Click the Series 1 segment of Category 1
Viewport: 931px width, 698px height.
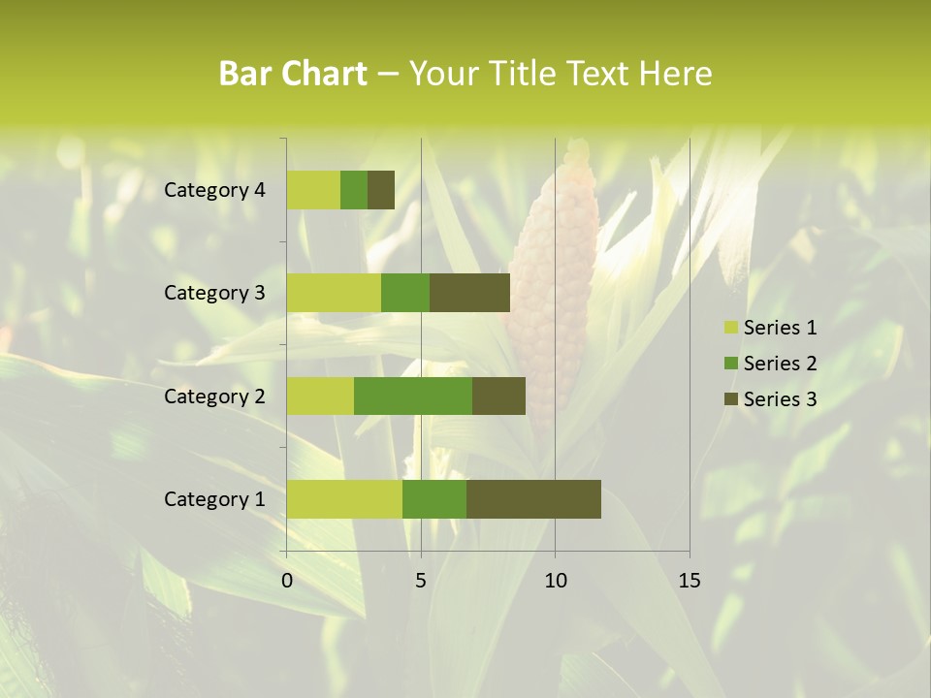[344, 498]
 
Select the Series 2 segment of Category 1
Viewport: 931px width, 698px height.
[434, 498]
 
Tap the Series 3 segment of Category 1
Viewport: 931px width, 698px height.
[533, 498]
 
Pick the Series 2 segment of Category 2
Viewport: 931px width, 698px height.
[413, 396]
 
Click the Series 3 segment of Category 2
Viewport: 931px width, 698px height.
[498, 396]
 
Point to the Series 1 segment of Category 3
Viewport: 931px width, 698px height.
[334, 293]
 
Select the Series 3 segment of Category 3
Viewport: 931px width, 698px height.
[469, 293]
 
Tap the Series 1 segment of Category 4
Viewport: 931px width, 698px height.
[313, 190]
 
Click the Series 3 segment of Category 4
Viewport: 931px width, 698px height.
[381, 190]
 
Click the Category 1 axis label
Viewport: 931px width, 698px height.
[214, 499]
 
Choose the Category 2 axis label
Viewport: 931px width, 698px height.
[214, 397]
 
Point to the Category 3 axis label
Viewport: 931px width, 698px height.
[214, 293]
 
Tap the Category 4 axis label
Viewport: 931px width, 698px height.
[214, 190]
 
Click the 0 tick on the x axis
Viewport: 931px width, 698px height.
[287, 581]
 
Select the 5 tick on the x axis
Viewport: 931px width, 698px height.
[421, 581]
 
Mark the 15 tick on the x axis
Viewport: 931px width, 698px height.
[689, 581]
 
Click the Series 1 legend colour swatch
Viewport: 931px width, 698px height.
[731, 328]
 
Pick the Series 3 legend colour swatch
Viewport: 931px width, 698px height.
[731, 399]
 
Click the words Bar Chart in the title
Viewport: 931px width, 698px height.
[293, 74]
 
